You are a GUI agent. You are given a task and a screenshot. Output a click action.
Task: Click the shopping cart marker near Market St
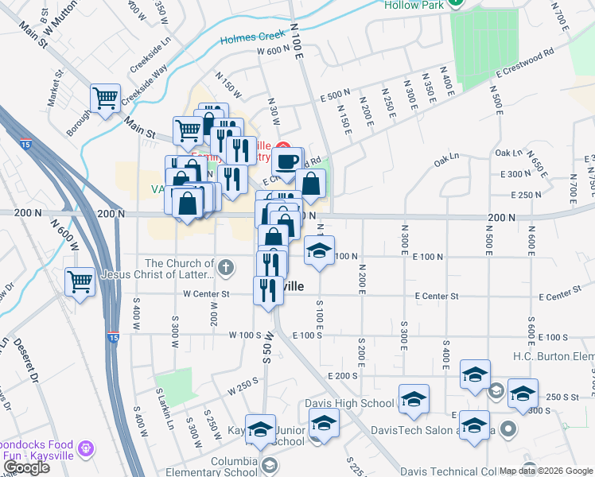tap(105, 99)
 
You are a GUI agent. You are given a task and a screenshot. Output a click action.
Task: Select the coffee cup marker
tap(287, 161)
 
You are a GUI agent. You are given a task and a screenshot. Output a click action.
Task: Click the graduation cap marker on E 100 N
tap(319, 251)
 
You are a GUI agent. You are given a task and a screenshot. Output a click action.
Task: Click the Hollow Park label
tap(413, 5)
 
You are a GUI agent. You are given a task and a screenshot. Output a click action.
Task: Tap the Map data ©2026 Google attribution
tap(546, 471)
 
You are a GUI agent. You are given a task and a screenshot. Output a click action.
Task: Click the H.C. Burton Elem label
tap(553, 356)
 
